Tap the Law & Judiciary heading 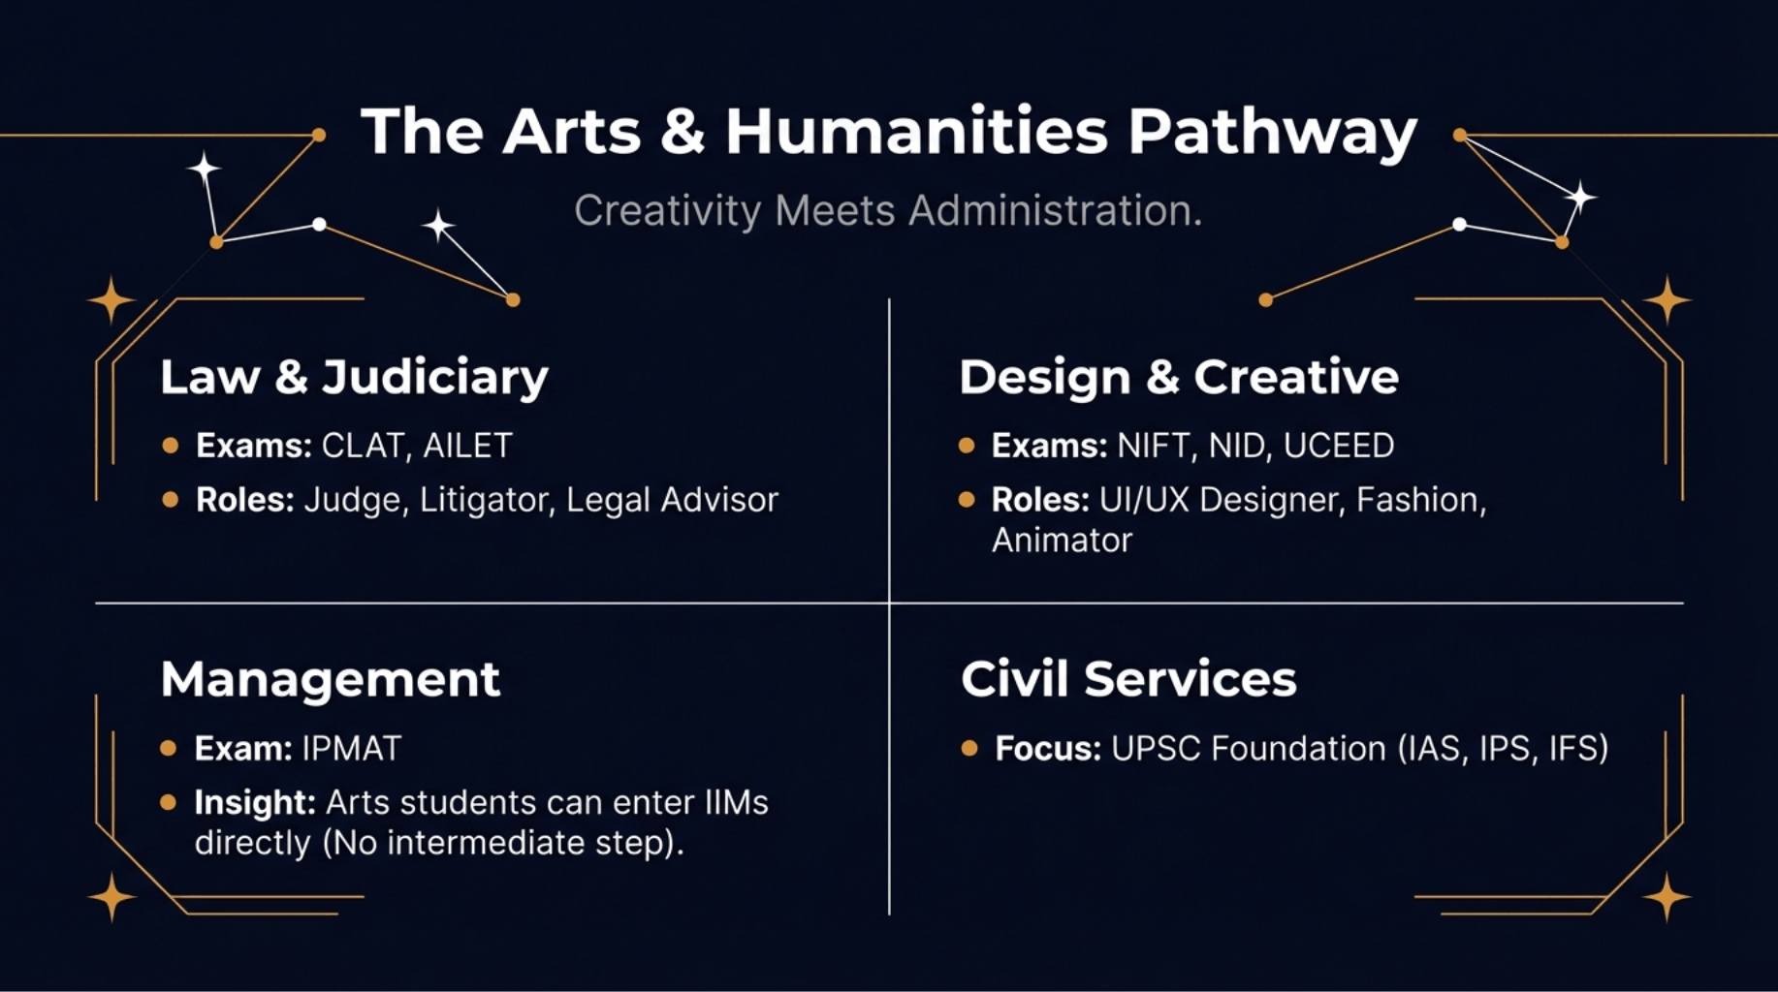click(354, 377)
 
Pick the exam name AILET click(467, 446)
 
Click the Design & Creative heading click(1179, 377)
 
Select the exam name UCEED click(1338, 446)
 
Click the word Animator click(1062, 541)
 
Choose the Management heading click(331, 679)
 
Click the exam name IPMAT click(351, 748)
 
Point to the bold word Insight click(255, 802)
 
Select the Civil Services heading click(1128, 679)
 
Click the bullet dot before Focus click(968, 748)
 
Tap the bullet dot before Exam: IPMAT click(169, 748)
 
